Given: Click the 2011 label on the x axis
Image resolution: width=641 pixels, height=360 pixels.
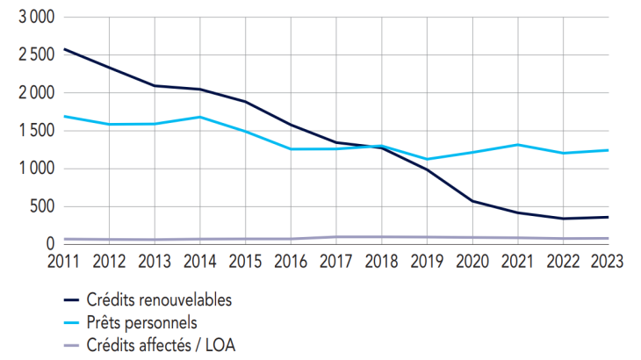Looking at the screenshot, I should point(64,261).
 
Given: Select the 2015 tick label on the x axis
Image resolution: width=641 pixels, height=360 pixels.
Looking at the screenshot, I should point(248,261).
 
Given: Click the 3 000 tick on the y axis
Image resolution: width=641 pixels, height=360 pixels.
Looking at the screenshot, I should point(36,18).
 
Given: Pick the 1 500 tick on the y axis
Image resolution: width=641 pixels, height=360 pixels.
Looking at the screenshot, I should point(36,131).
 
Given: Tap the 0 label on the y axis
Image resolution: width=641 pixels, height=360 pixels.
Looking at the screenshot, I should point(49,244).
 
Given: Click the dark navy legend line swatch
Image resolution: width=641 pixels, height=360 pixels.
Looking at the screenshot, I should point(74,300).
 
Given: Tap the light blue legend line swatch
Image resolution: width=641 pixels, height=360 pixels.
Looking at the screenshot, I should point(74,322).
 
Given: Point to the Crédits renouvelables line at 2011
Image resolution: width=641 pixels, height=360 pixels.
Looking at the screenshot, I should point(64,49).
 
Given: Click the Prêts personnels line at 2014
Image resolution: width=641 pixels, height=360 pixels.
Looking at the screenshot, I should point(202,117).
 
